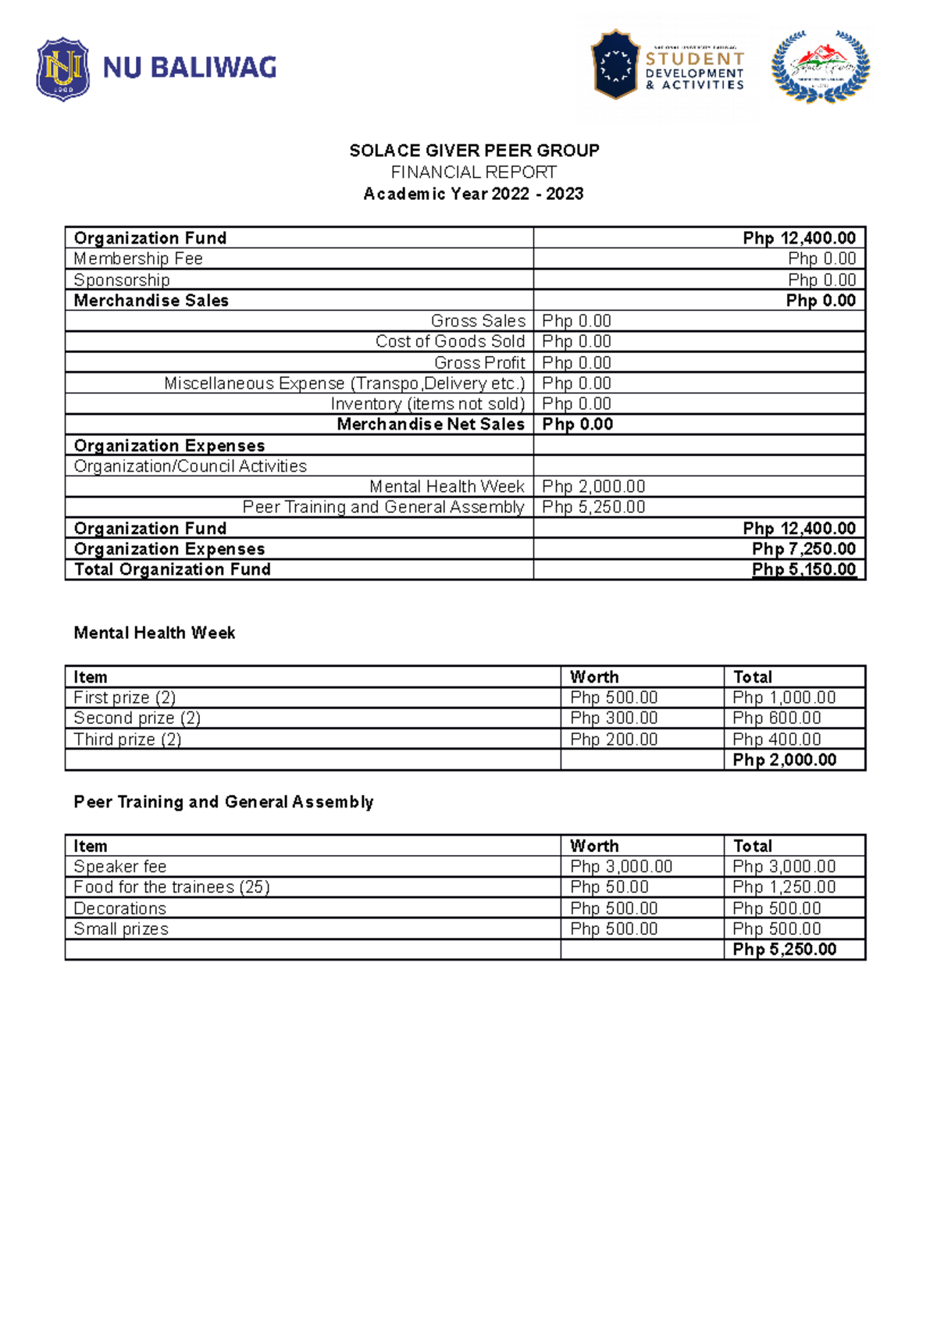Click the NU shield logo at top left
(62, 70)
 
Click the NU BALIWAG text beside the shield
(190, 68)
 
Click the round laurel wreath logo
(820, 66)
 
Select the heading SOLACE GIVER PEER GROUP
(474, 151)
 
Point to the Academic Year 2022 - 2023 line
(473, 194)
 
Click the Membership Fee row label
(138, 258)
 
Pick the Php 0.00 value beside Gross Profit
(576, 362)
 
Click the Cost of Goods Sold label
(450, 341)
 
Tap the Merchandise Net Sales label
(430, 424)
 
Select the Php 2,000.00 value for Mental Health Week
(593, 487)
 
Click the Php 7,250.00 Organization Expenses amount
(803, 549)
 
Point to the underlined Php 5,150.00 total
(803, 569)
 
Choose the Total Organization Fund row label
(172, 569)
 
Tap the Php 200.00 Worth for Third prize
(614, 739)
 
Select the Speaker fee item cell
(120, 866)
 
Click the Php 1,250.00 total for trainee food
(784, 887)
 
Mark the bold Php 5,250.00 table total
(784, 949)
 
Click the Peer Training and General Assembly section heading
(223, 802)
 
